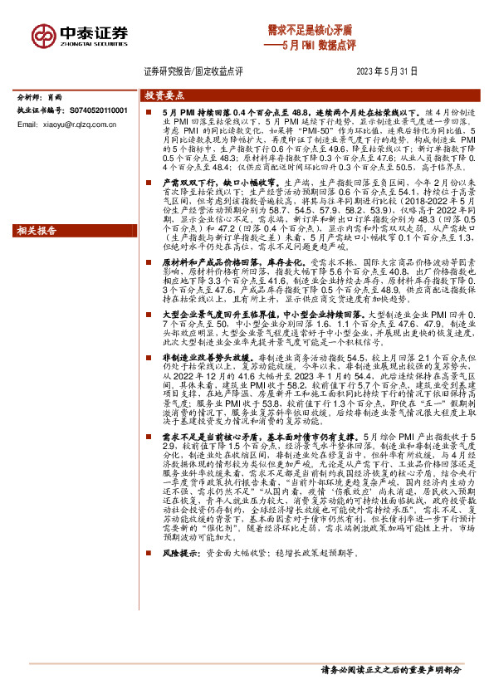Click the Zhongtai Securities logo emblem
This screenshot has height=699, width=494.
[x=44, y=34]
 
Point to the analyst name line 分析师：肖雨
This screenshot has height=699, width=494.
[x=41, y=97]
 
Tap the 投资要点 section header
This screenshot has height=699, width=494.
[x=160, y=95]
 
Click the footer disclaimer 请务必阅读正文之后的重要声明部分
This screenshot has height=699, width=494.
[x=390, y=669]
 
